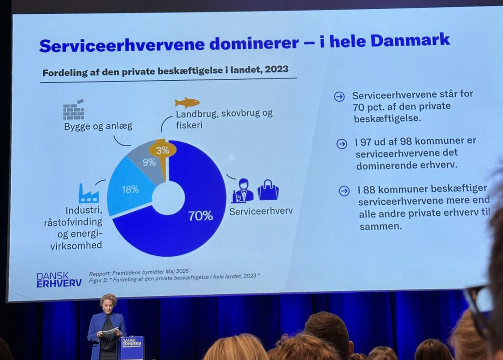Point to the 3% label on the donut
click(163, 150)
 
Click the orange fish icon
click(187, 102)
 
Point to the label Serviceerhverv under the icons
click(261, 212)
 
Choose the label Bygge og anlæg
click(98, 126)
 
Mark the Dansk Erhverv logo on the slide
click(58, 279)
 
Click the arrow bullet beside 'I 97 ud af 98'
click(341, 143)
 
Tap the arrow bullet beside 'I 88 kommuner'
click(344, 191)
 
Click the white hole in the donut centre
click(168, 197)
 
